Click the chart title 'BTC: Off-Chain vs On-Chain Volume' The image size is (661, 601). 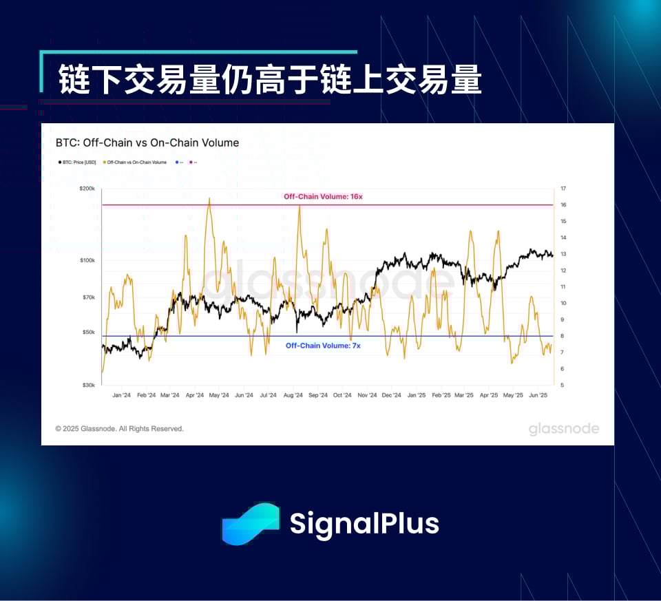click(147, 143)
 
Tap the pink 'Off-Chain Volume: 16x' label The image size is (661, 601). click(323, 197)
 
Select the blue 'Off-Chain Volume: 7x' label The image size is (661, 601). click(323, 346)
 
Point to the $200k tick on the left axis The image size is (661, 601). click(87, 188)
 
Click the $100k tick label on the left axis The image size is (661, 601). click(87, 260)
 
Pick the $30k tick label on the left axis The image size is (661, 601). click(88, 386)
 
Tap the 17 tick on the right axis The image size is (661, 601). click(563, 188)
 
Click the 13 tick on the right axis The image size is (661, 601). click(563, 254)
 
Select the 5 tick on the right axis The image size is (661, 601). click(562, 386)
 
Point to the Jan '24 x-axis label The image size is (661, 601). click(121, 396)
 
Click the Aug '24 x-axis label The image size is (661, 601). click(293, 396)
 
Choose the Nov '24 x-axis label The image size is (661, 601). click(367, 396)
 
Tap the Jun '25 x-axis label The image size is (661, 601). click(538, 396)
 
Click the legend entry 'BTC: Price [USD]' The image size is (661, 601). click(78, 162)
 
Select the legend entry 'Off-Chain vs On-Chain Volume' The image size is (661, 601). click(136, 162)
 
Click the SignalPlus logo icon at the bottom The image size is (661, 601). click(250, 524)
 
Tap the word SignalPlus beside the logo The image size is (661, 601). click(364, 523)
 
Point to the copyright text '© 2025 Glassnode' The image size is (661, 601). click(119, 429)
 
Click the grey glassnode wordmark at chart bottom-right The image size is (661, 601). click(564, 430)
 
